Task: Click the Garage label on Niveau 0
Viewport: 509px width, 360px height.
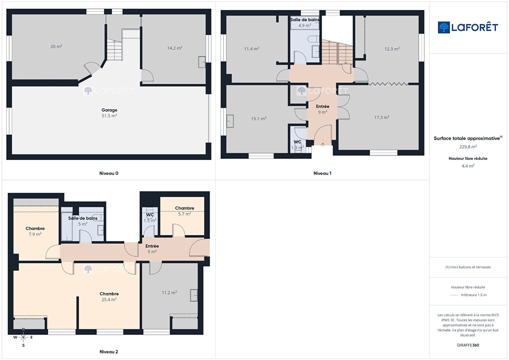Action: [x=109, y=110]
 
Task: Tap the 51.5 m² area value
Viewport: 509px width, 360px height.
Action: [x=109, y=116]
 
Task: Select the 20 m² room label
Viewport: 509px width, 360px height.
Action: [x=56, y=46]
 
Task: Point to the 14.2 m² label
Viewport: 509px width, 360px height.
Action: [x=175, y=48]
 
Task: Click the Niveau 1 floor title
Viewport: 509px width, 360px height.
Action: [x=323, y=173]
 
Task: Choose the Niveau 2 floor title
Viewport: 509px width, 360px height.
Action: [x=109, y=352]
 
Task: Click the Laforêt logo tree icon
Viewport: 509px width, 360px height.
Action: [x=444, y=27]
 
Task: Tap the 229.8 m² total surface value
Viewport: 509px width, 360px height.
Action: [x=468, y=147]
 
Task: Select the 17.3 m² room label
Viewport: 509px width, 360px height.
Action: [x=382, y=117]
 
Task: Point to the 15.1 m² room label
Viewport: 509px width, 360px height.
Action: [x=259, y=119]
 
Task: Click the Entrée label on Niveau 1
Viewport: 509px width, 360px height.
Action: [x=323, y=106]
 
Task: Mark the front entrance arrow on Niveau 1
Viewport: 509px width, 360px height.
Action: [x=323, y=144]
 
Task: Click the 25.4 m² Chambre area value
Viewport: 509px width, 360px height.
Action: [x=109, y=300]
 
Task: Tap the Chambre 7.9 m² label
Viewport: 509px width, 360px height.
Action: [x=35, y=231]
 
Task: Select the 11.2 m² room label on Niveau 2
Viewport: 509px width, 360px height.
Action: [x=169, y=293]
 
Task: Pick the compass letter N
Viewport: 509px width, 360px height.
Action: [x=23, y=329]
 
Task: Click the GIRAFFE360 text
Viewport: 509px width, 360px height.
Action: [x=468, y=345]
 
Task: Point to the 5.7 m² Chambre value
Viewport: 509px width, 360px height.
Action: [x=184, y=214]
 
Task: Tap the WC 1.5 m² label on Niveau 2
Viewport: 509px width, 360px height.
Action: [x=150, y=218]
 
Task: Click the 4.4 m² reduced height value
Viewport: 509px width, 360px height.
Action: [x=468, y=166]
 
